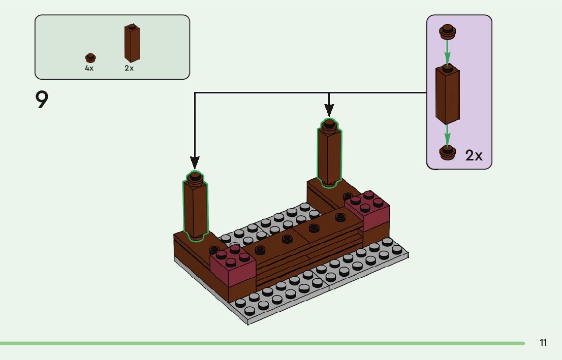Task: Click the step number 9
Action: coord(42,101)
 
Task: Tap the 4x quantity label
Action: coord(89,69)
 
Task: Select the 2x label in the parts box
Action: coord(129,69)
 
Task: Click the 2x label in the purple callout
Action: coord(474,155)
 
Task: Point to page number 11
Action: coord(543,343)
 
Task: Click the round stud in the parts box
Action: coord(90,58)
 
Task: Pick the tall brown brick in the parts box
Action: coord(132,43)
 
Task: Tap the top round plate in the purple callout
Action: coord(447,32)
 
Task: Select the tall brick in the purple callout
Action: coord(447,95)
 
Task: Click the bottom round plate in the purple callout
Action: coord(447,152)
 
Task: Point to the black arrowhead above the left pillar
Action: coord(195,162)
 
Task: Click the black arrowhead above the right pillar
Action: coord(329,110)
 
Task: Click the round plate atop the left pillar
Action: coord(195,178)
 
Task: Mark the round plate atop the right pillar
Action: coord(329,124)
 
